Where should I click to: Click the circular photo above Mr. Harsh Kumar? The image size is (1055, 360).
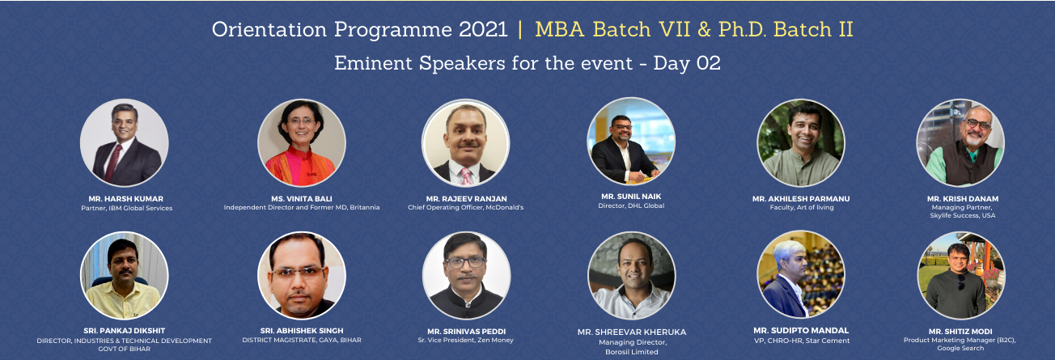(x=124, y=142)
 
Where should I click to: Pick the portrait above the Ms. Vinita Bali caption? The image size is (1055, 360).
(x=301, y=142)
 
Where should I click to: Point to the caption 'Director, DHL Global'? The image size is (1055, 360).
(x=632, y=206)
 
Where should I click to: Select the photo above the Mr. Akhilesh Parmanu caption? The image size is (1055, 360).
(x=800, y=142)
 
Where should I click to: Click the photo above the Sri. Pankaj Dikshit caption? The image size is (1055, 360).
(x=124, y=275)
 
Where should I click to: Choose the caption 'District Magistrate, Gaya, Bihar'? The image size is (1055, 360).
(x=302, y=341)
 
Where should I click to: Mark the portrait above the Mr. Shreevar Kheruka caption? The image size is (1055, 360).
(x=631, y=275)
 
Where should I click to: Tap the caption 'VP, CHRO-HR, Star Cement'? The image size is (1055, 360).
(x=801, y=341)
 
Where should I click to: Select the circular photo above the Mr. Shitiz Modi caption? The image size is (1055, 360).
(x=961, y=275)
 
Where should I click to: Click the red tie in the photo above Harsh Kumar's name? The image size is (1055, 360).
(x=114, y=162)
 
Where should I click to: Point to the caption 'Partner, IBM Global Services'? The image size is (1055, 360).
(x=126, y=208)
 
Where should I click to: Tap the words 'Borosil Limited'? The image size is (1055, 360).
(x=632, y=352)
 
